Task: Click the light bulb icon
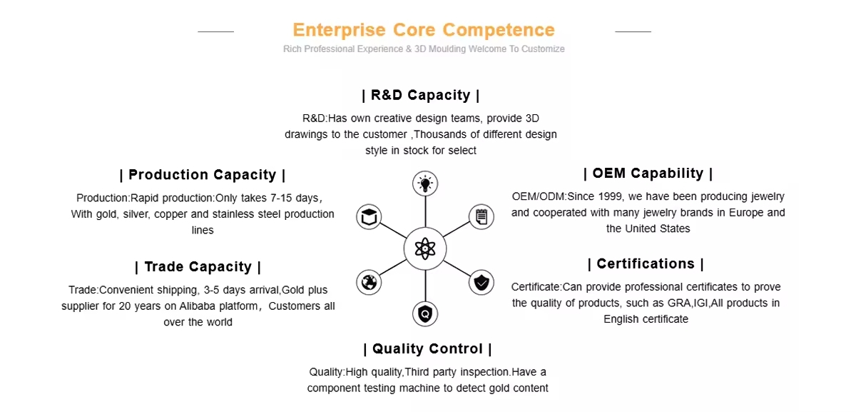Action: tap(425, 184)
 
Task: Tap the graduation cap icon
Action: tap(369, 217)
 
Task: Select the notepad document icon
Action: tap(481, 217)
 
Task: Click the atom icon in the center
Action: tap(425, 249)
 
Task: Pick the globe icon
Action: tap(369, 283)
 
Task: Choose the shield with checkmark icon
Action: tap(481, 283)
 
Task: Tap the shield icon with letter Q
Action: tap(425, 314)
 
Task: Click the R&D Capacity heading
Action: tap(421, 95)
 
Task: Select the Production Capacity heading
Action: tap(202, 175)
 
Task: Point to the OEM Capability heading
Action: tap(648, 174)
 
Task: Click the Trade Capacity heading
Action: tap(198, 266)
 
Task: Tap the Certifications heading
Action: tap(646, 263)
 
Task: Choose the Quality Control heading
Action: tap(427, 349)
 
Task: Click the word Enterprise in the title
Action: tap(340, 30)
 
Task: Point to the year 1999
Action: tap(611, 196)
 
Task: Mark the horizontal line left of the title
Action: tap(215, 31)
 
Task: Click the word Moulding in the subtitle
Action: tap(447, 49)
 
